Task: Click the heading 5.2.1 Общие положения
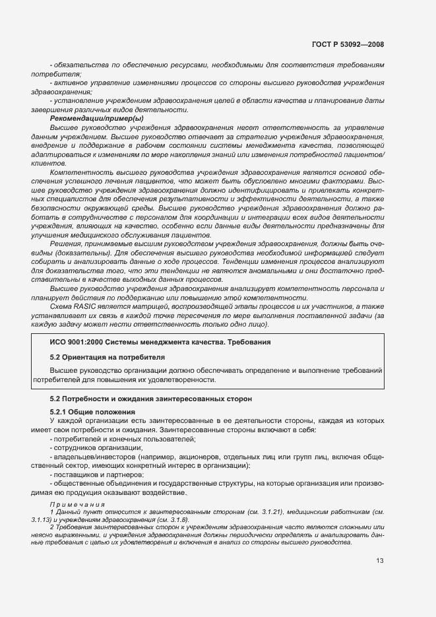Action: pyautogui.click(x=90, y=412)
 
